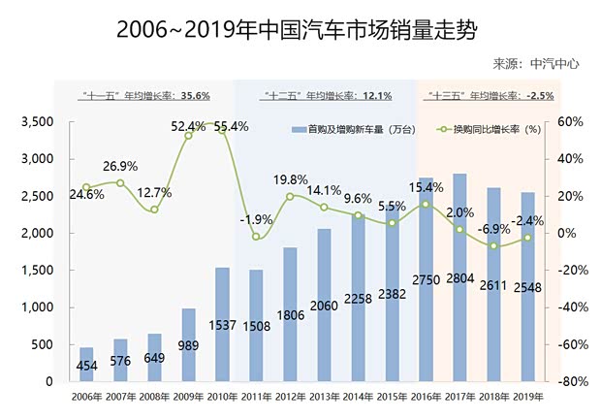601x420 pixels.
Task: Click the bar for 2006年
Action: pos(85,364)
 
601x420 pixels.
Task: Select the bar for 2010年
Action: pos(222,324)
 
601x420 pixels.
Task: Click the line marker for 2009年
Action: pos(188,136)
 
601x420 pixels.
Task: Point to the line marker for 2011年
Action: pos(256,237)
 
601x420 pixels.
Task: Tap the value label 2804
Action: pos(460,278)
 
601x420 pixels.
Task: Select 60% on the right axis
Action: pos(568,122)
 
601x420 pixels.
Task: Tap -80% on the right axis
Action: pos(566,382)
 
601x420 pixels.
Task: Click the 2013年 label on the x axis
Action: pos(324,396)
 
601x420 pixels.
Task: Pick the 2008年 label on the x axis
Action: pos(153,396)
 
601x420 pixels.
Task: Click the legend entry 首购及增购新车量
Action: pos(343,129)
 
